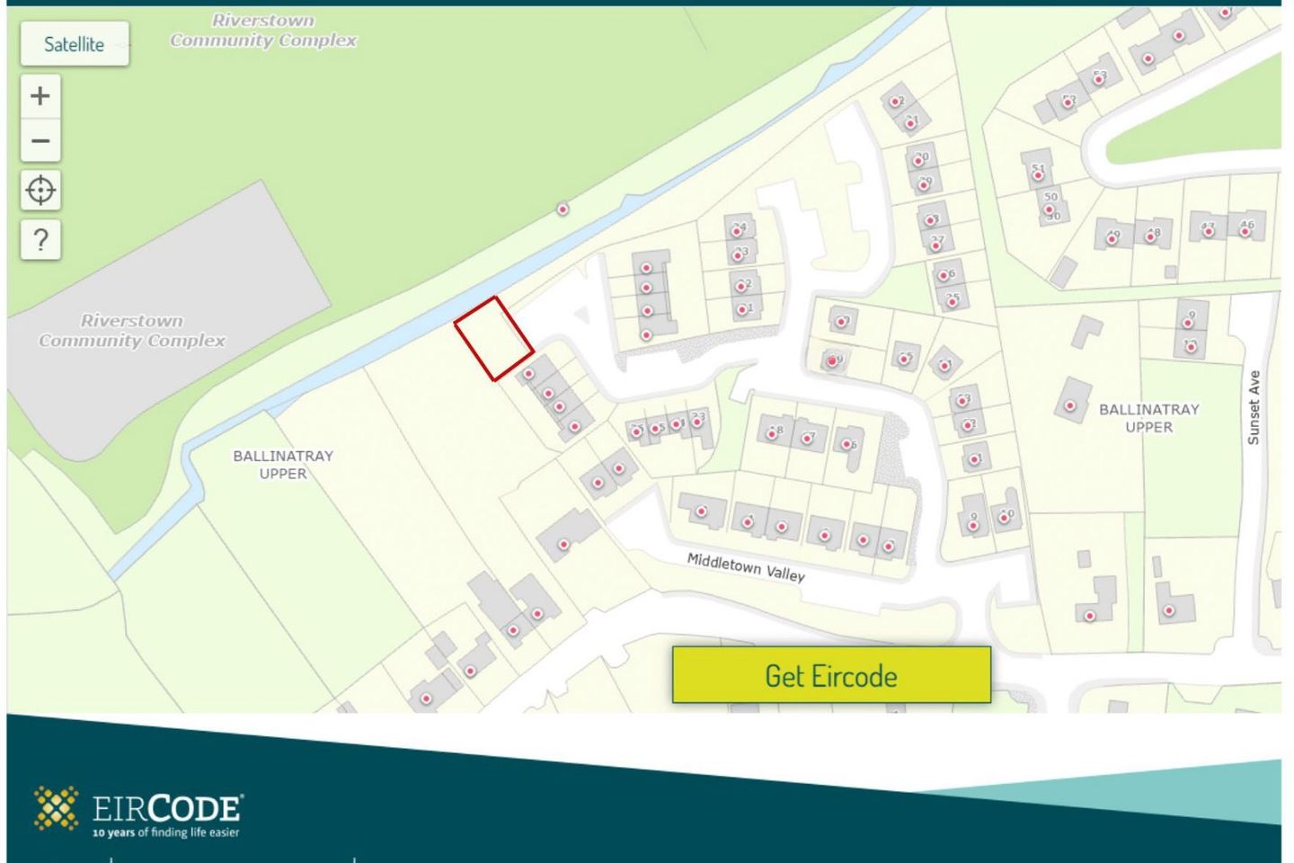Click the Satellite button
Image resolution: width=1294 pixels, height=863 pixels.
[x=75, y=44]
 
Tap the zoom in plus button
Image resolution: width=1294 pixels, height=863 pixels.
[x=40, y=95]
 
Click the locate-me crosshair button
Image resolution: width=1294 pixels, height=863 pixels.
[x=40, y=191]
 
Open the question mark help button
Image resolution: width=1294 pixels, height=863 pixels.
[x=40, y=240]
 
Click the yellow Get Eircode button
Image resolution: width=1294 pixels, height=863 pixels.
[x=831, y=675]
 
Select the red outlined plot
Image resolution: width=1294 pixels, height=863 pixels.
[x=493, y=338]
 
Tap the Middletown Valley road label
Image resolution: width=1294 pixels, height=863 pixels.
[x=746, y=567]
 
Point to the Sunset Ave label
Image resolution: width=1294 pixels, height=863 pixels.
[x=1254, y=407]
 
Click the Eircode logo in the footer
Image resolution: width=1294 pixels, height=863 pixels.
[x=137, y=808]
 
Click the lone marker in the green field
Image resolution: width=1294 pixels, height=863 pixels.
[x=563, y=209]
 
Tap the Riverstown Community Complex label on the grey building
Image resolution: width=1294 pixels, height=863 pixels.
[x=131, y=331]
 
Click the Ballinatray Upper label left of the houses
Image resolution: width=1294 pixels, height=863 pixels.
[x=283, y=465]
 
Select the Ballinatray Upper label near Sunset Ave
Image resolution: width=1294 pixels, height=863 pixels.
[x=1148, y=418]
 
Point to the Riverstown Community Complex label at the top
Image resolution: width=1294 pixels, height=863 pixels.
[x=263, y=31]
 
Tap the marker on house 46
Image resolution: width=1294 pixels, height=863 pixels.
[x=1245, y=231]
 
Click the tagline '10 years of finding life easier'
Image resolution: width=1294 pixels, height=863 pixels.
[x=166, y=833]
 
